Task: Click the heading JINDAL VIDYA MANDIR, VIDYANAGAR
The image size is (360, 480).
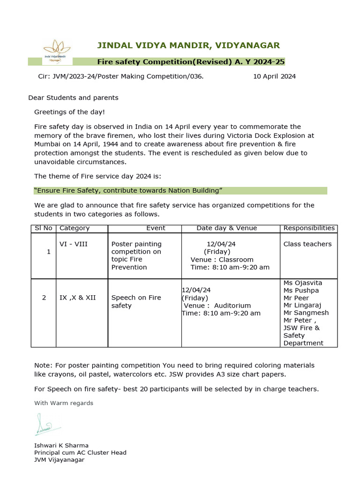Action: pyautogui.click(x=188, y=45)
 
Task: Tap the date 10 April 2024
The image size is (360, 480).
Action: pyautogui.click(x=274, y=76)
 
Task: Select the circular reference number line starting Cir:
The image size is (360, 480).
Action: pyautogui.click(x=120, y=76)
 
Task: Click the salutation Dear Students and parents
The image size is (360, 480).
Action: pyautogui.click(x=73, y=97)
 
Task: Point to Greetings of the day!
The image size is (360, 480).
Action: pyautogui.click(x=69, y=112)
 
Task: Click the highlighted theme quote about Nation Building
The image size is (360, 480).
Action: pyautogui.click(x=128, y=190)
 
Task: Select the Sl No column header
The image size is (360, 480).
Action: pyautogui.click(x=44, y=228)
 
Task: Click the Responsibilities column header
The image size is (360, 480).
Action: pyautogui.click(x=309, y=228)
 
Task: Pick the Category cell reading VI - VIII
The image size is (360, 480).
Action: pyautogui.click(x=74, y=244)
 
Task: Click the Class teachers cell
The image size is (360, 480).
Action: pyautogui.click(x=307, y=244)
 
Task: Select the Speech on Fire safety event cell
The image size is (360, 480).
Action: pyautogui.click(x=136, y=301)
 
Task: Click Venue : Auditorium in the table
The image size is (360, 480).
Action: pyautogui.click(x=217, y=306)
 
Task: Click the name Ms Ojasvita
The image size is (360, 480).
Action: pyautogui.click(x=303, y=283)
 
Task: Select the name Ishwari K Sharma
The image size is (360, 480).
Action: pyautogui.click(x=61, y=445)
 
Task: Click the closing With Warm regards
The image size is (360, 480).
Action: pyautogui.click(x=64, y=403)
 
